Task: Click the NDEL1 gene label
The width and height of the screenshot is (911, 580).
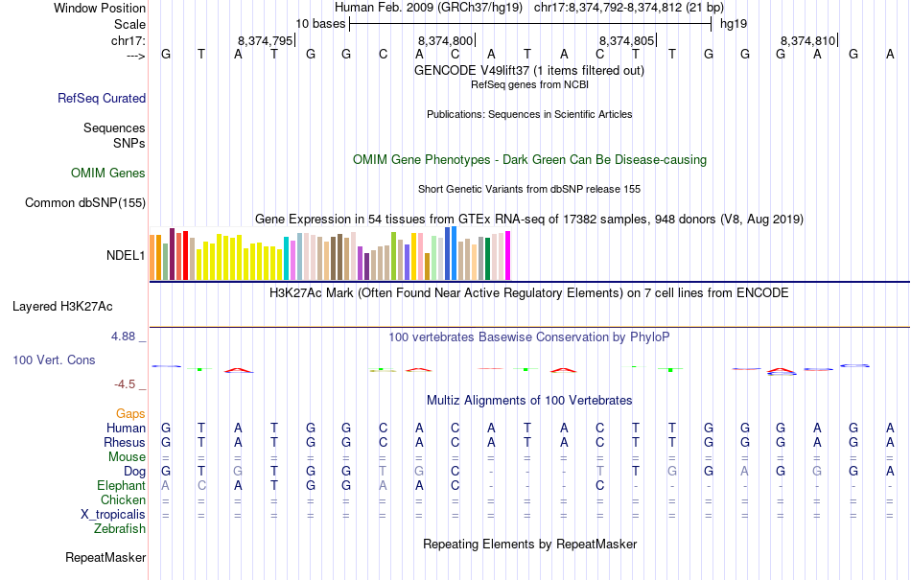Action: pyautogui.click(x=126, y=256)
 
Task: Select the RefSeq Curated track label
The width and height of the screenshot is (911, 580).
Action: pyautogui.click(x=102, y=98)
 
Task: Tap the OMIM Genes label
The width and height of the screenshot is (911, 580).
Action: pyautogui.click(x=108, y=174)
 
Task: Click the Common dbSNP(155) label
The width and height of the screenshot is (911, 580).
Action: pyautogui.click(x=85, y=202)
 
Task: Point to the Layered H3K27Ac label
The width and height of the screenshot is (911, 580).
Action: pyautogui.click(x=62, y=307)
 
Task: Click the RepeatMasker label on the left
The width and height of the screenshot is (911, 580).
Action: pyautogui.click(x=105, y=557)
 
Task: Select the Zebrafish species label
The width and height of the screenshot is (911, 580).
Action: pyautogui.click(x=120, y=528)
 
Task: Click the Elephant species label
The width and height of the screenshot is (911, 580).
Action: pyautogui.click(x=121, y=485)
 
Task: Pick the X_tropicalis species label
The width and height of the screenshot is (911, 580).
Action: pyautogui.click(x=113, y=514)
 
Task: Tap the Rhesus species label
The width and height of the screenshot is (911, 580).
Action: pyautogui.click(x=125, y=443)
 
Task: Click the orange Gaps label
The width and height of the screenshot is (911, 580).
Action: pyautogui.click(x=130, y=413)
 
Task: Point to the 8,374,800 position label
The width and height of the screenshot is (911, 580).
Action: pyautogui.click(x=446, y=40)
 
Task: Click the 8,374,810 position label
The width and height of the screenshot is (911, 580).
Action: pyautogui.click(x=808, y=40)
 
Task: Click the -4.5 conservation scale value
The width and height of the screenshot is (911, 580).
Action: pyautogui.click(x=126, y=384)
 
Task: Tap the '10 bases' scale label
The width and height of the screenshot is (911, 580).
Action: pyautogui.click(x=321, y=23)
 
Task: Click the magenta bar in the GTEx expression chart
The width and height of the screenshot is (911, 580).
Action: pyautogui.click(x=508, y=256)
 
